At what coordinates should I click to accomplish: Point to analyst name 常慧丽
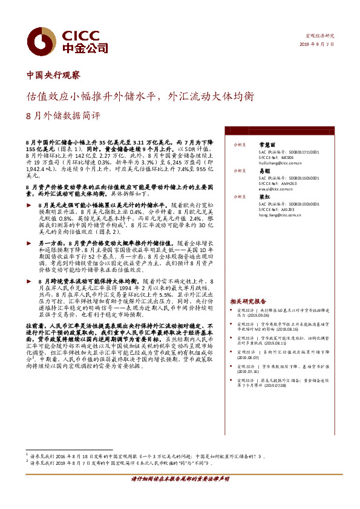tap(267, 146)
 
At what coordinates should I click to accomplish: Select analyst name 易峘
tap(263, 172)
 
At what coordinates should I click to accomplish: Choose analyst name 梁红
tap(263, 197)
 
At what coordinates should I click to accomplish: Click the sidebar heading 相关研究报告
tap(247, 301)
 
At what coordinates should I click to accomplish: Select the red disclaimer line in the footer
tap(180, 495)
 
